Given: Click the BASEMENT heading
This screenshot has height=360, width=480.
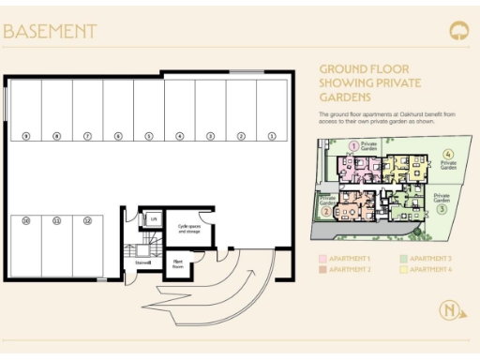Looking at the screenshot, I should (x=50, y=31).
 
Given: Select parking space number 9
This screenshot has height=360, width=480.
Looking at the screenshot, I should (x=26, y=136).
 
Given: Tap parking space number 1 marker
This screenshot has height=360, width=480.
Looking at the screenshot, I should (x=271, y=136).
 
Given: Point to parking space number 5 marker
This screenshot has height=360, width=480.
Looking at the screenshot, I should (x=148, y=136).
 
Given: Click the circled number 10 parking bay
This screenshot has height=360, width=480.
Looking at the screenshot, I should (x=26, y=221).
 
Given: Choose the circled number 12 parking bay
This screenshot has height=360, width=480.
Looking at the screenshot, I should (x=87, y=221).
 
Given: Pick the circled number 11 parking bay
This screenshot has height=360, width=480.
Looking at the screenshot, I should (x=56, y=221).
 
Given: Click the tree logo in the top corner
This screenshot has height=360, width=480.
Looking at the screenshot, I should (x=458, y=30).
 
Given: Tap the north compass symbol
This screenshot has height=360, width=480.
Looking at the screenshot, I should (x=452, y=311).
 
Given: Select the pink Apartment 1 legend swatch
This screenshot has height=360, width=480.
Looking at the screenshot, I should (x=322, y=257).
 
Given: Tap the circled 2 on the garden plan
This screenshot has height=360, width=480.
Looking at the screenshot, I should (x=325, y=211).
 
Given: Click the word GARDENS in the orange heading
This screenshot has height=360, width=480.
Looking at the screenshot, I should (x=346, y=97).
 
